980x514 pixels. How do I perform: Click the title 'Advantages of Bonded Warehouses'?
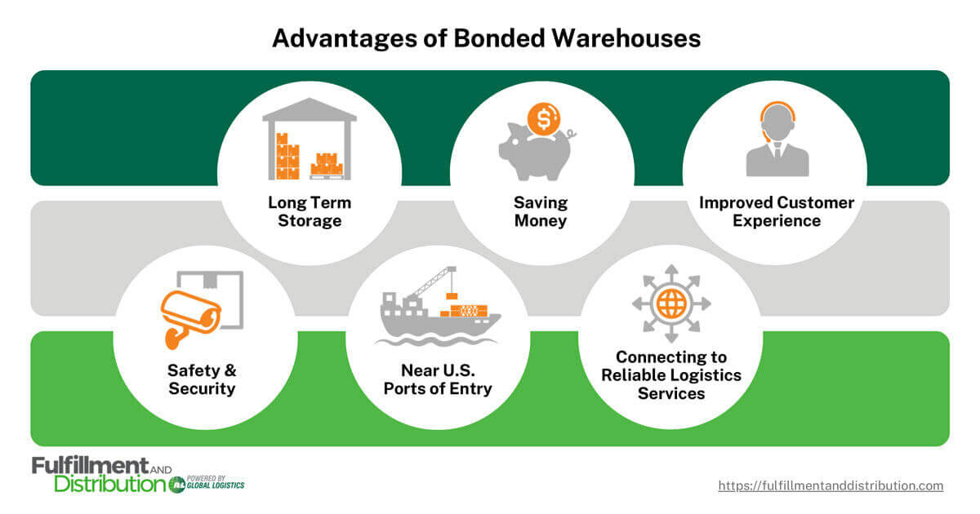point(486,38)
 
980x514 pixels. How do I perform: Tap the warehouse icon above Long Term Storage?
point(309,139)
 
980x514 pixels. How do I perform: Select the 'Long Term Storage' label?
point(309,211)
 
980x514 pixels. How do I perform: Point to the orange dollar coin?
point(542,120)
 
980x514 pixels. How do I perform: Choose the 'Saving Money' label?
point(541,211)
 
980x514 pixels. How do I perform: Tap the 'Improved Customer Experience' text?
point(776,211)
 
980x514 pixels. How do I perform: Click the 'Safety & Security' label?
point(202,379)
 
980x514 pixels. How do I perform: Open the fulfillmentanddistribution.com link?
point(831,485)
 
